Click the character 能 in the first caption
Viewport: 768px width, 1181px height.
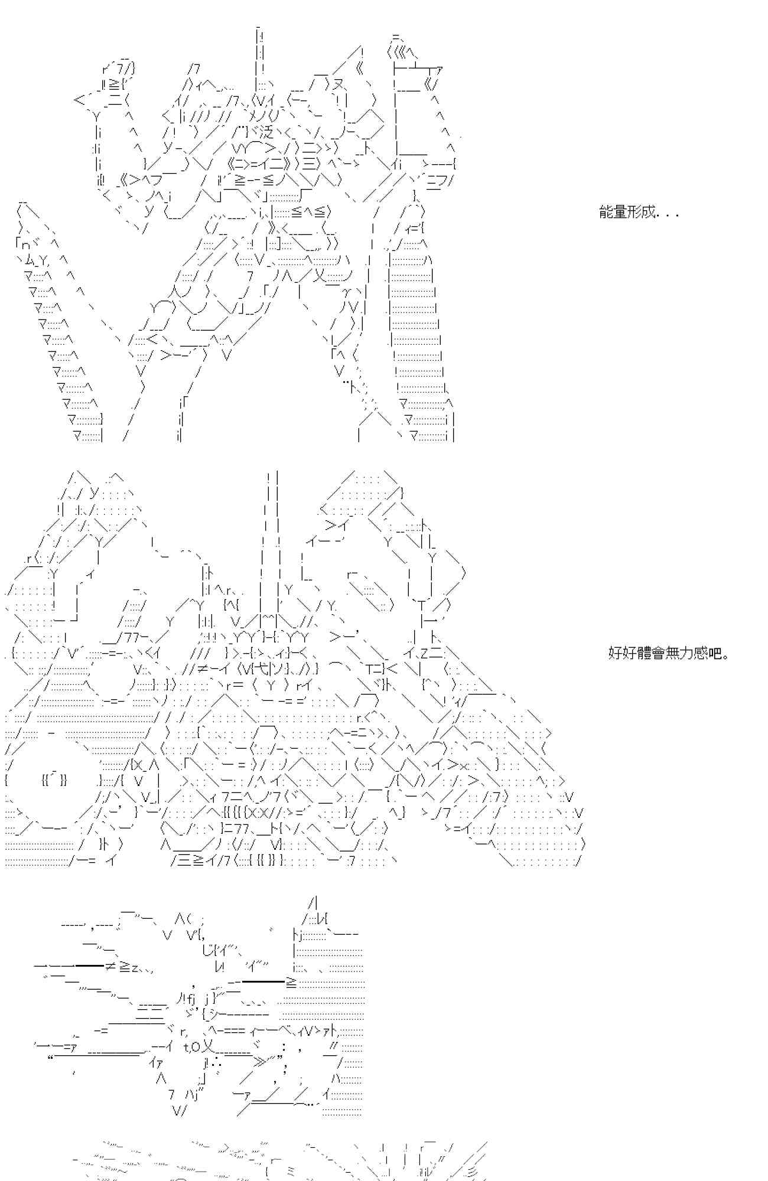point(606,213)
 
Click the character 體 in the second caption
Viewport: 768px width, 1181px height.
point(645,653)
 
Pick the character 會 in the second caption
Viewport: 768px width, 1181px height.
point(659,653)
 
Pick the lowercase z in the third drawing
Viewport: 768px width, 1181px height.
point(135,967)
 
